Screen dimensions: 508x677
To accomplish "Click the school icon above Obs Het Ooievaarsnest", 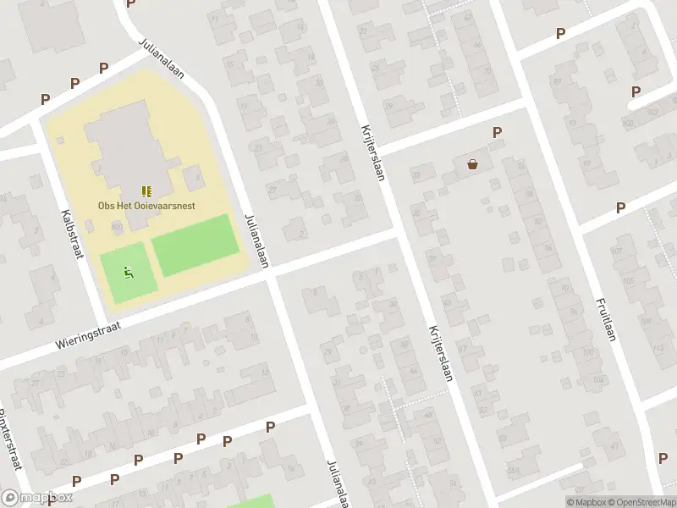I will click(146, 191).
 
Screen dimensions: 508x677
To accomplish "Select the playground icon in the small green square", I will click(129, 272).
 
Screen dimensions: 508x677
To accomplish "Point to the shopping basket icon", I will click(472, 164).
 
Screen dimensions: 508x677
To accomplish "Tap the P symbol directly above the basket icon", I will click(497, 133).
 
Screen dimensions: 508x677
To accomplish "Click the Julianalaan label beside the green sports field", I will click(256, 241).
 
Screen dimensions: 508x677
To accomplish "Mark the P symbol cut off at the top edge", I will click(130, 3).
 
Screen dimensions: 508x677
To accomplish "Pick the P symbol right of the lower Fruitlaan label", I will click(663, 457).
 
